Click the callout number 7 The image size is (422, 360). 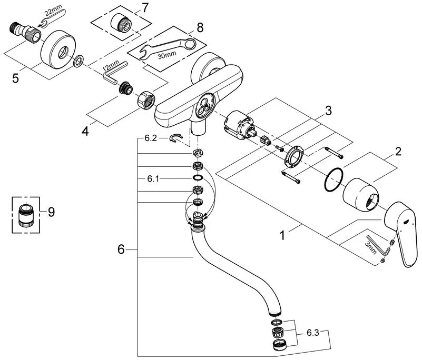pyautogui.click(x=145, y=8)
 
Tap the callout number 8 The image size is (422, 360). pyautogui.click(x=200, y=28)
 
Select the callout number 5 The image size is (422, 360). pyautogui.click(x=16, y=78)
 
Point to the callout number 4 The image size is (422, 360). pyautogui.click(x=85, y=132)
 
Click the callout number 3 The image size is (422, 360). pyautogui.click(x=328, y=111)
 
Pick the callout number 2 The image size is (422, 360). pyautogui.click(x=398, y=152)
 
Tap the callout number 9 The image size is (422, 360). pyautogui.click(x=51, y=212)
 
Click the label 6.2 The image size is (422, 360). pyautogui.click(x=151, y=138)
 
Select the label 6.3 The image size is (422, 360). pyautogui.click(x=313, y=333)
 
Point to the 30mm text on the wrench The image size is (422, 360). pyautogui.click(x=166, y=55)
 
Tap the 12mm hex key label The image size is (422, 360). pyautogui.click(x=111, y=66)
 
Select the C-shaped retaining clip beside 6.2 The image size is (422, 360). pyautogui.click(x=176, y=138)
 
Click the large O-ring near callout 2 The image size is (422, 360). pyautogui.click(x=333, y=180)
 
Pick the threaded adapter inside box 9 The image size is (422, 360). pyautogui.click(x=26, y=215)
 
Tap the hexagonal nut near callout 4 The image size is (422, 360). pyautogui.click(x=145, y=100)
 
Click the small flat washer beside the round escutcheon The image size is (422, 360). pyautogui.click(x=78, y=61)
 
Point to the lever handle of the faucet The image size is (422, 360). pyautogui.click(x=401, y=234)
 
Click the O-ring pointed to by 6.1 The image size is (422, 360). pyautogui.click(x=198, y=178)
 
